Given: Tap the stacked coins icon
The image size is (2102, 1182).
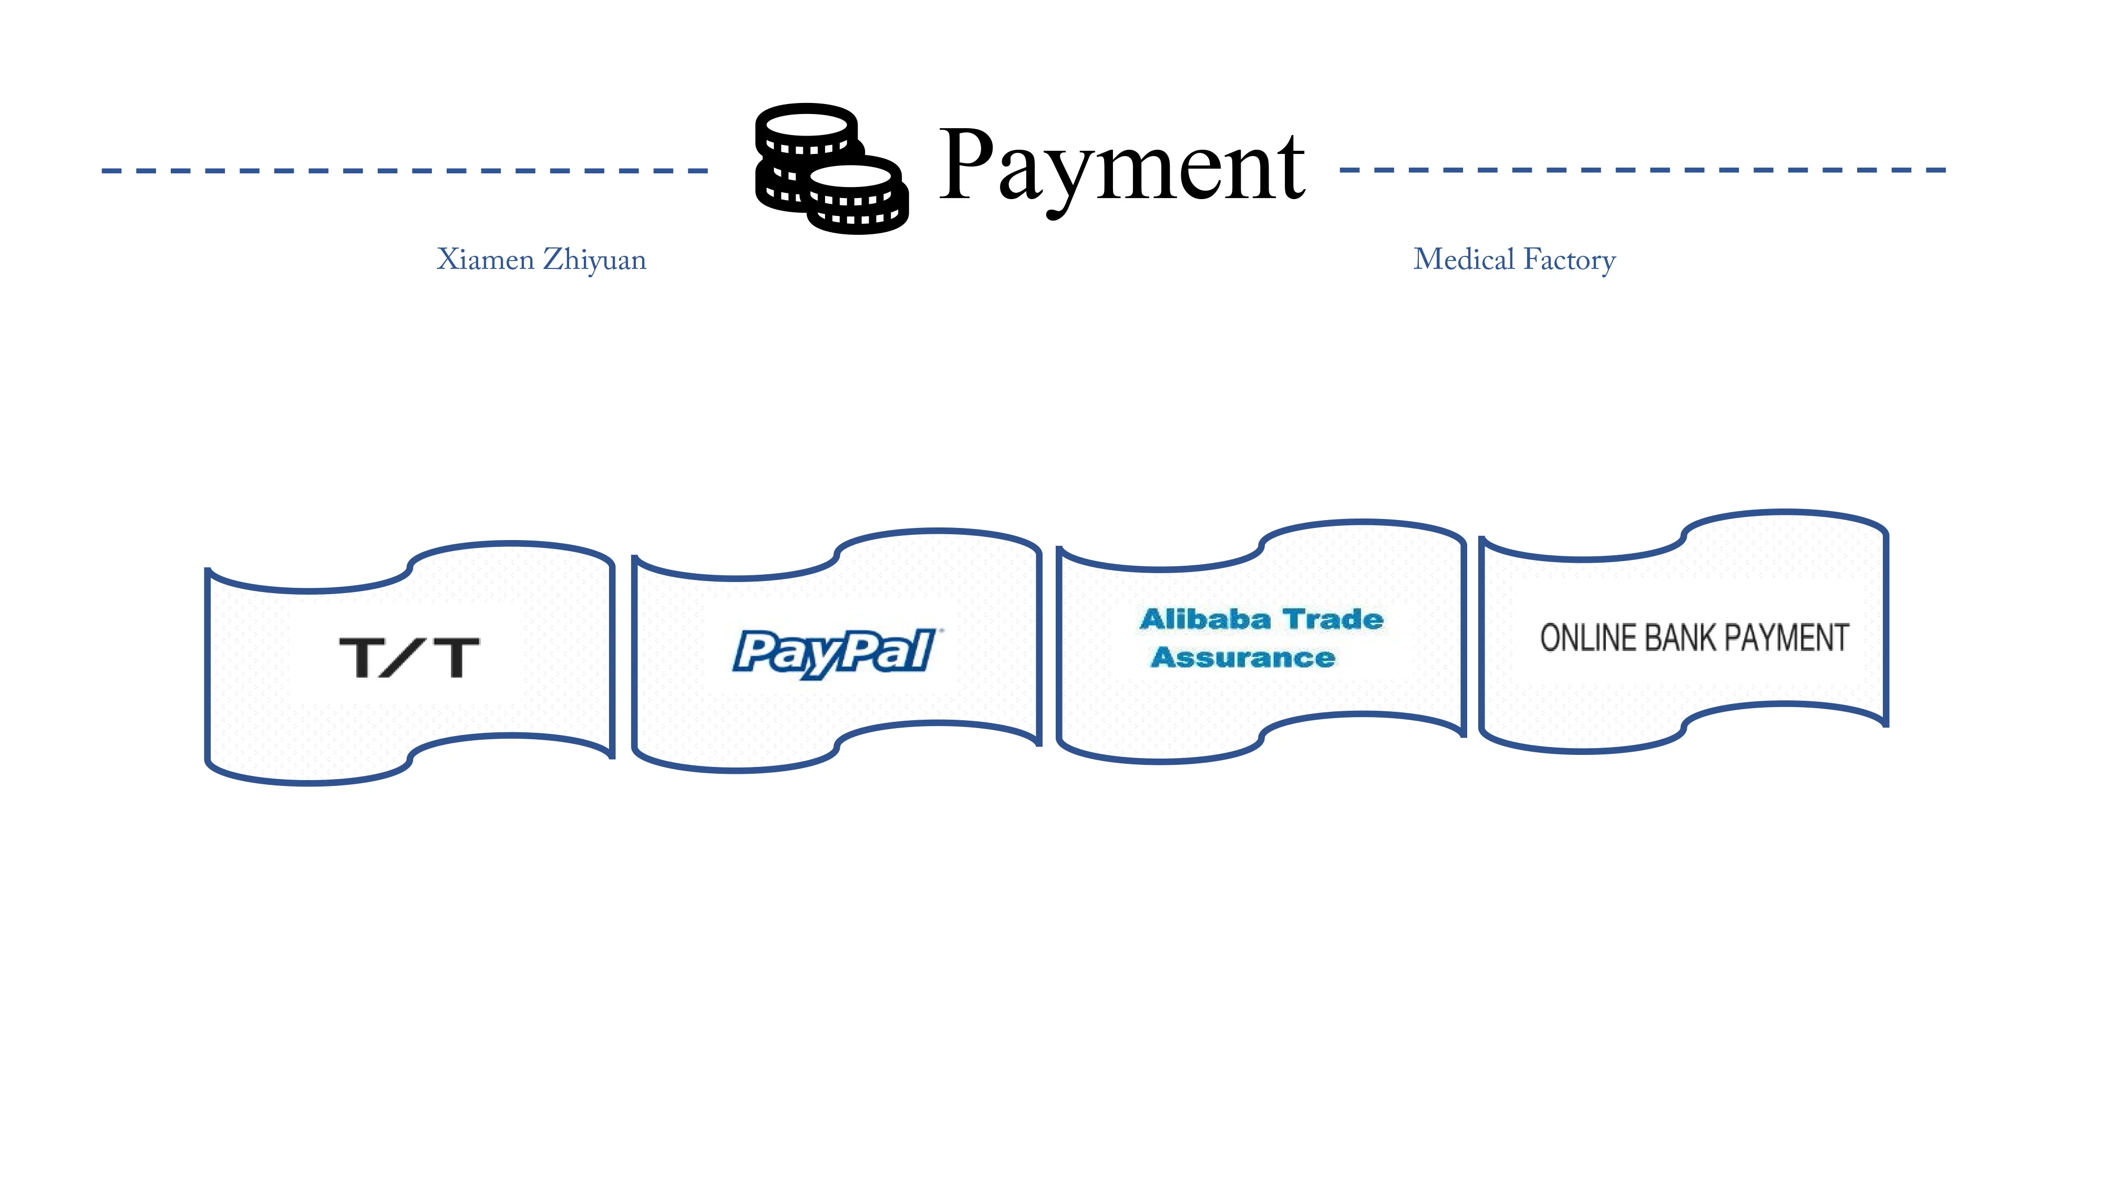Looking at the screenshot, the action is pos(831,169).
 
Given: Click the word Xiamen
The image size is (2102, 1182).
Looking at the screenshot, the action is pos(486,260).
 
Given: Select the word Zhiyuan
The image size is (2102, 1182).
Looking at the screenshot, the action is pos(595,260).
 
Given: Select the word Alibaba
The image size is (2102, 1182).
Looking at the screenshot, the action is pos(1205,619).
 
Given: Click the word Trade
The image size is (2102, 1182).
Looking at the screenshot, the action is pos(1334,619).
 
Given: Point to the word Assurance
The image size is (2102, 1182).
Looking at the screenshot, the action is pos(1243,658).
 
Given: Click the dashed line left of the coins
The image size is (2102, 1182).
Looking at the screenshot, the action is pos(405,171).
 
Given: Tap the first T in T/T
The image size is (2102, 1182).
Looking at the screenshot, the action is pos(362,658).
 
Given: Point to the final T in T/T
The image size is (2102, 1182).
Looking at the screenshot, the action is pos(457,658).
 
